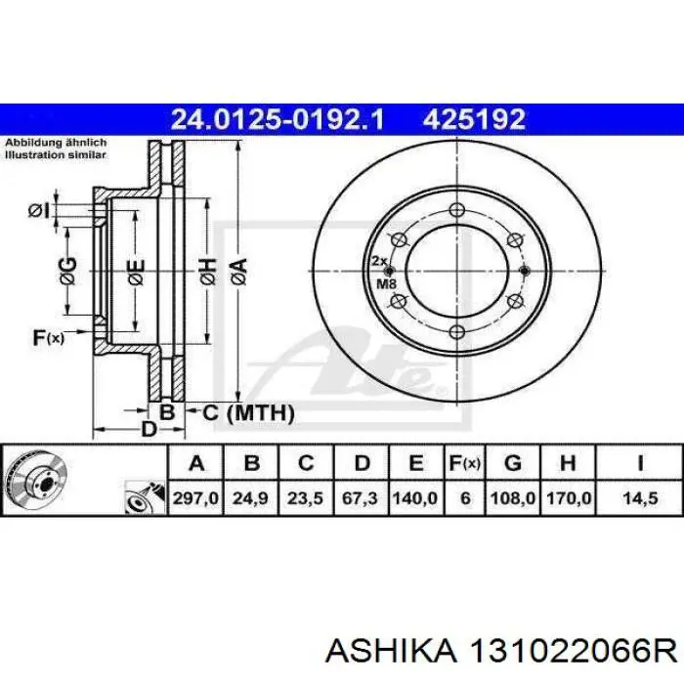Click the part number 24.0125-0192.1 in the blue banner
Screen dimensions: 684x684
coord(278,119)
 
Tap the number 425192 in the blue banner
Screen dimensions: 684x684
coord(474,119)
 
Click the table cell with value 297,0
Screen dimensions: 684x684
coord(195,497)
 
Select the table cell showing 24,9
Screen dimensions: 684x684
coord(250,497)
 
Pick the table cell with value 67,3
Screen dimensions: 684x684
coord(361,497)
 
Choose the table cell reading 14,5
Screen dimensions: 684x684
coord(640,497)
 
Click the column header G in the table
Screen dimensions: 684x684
coord(513,463)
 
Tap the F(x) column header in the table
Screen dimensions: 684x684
coord(465,463)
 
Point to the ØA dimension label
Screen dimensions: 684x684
coord(239,273)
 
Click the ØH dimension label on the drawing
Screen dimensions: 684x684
coord(208,272)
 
